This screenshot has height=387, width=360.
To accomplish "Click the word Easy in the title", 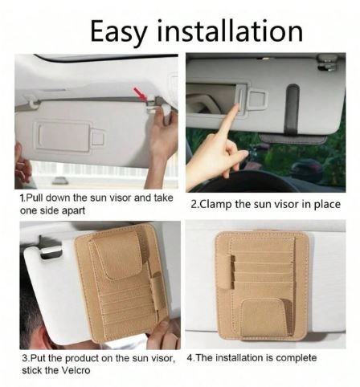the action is (119, 32).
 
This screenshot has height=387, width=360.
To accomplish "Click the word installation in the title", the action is (230, 31).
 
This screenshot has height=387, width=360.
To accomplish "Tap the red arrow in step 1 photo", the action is (141, 94).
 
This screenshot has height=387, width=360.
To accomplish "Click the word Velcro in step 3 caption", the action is (76, 370).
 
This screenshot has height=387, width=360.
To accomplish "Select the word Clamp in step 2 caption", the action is (216, 205).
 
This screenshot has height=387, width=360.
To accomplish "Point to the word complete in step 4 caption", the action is (296, 358).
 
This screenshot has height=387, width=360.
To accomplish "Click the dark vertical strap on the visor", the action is (292, 109).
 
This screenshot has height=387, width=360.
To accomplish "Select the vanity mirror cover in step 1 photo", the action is (63, 136).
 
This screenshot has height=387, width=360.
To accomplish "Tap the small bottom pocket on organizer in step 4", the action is (263, 317).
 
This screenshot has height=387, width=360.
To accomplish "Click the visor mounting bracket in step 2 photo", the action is (327, 63).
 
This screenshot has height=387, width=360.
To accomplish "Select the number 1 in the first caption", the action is (22, 198).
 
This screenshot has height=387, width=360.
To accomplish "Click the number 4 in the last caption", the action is (190, 358).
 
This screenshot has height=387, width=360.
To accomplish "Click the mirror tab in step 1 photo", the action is (98, 137).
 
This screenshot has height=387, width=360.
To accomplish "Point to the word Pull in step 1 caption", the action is (35, 198).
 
